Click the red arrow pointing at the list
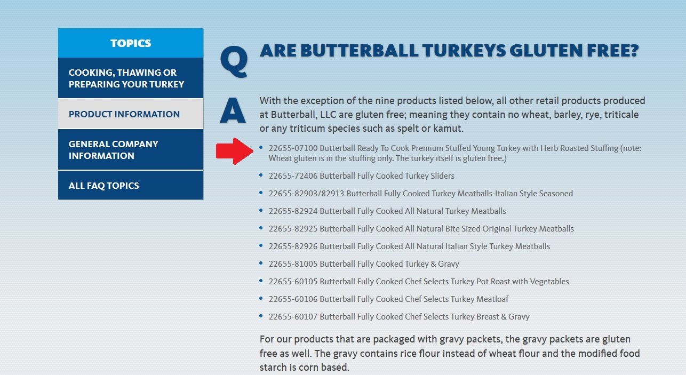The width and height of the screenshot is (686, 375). click(235, 151)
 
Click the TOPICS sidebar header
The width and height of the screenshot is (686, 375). click(131, 43)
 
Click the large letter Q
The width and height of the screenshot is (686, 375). click(234, 61)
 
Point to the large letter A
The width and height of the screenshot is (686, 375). click(233, 110)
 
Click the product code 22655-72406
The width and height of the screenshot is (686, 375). click(293, 176)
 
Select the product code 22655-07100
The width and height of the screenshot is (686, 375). click(293, 148)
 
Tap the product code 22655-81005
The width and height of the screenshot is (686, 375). click(293, 264)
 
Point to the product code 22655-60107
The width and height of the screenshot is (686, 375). click(293, 316)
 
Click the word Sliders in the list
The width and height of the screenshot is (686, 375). click(442, 176)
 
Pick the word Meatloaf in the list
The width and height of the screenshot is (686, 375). click(492, 299)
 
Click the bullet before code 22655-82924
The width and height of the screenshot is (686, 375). click(261, 210)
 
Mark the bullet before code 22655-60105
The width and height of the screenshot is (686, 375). click(261, 281)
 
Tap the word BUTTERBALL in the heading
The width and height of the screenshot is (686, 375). click(359, 51)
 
